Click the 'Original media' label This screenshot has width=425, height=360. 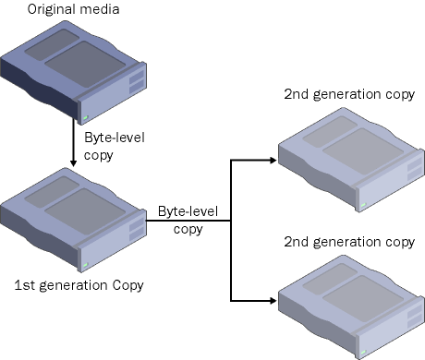click(73, 9)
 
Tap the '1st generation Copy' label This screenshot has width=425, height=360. click(79, 285)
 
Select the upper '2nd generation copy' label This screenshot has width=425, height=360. click(349, 94)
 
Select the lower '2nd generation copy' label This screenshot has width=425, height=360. click(349, 242)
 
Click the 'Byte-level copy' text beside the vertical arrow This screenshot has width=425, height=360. click(115, 146)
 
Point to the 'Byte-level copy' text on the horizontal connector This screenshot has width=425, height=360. click(188, 221)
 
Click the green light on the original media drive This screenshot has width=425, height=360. click(86, 117)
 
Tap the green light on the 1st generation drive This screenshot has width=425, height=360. click(86, 265)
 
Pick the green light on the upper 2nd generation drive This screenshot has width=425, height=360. click(363, 205)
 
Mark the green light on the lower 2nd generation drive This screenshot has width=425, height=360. click(363, 352)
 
